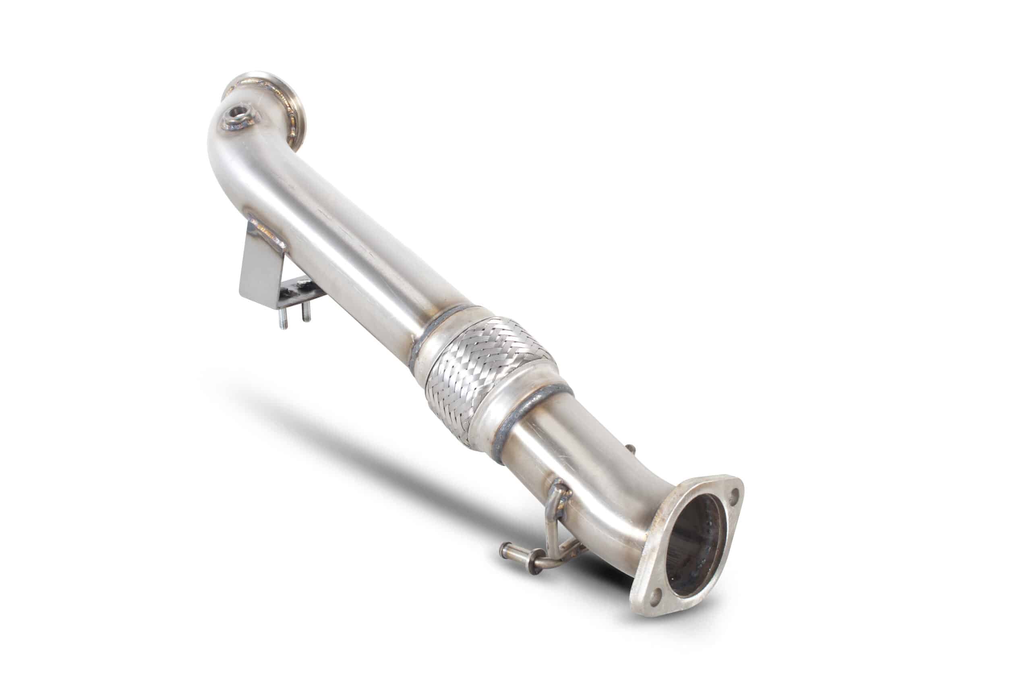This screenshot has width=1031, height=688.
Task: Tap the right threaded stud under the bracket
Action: click(x=307, y=312)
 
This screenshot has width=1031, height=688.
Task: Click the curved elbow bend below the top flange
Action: click(x=228, y=158)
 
